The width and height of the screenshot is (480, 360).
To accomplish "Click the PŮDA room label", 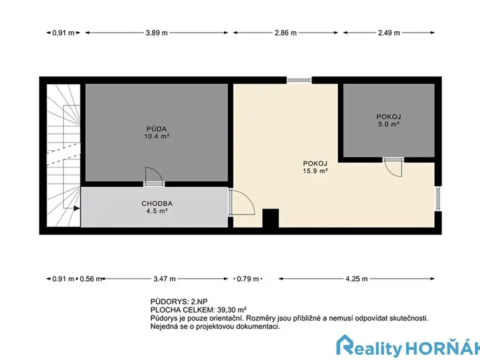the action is (156, 129).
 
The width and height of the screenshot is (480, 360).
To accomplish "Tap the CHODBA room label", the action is (157, 204).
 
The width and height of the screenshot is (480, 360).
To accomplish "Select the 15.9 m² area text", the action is (315, 171).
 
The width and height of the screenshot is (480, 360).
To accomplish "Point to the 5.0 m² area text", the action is (389, 124).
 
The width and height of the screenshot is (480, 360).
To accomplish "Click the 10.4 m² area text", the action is (156, 136).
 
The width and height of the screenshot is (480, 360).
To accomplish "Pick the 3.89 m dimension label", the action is (156, 33).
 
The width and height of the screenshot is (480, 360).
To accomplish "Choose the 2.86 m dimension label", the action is (285, 33).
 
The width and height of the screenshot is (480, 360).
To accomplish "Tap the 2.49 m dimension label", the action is (389, 33).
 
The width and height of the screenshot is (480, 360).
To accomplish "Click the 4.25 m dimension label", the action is (356, 279).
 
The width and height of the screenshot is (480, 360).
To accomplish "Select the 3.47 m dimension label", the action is (164, 279).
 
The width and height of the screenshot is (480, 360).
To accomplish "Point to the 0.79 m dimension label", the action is (248, 279).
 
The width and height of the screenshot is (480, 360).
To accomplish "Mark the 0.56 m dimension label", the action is (91, 279).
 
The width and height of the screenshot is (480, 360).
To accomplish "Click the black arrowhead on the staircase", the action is (76, 208).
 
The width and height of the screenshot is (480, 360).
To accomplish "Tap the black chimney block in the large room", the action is (270, 218).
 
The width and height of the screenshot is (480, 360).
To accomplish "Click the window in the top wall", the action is (299, 80).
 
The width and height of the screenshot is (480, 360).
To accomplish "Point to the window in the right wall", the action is (438, 198).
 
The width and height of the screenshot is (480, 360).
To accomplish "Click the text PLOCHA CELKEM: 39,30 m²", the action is (198, 310).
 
